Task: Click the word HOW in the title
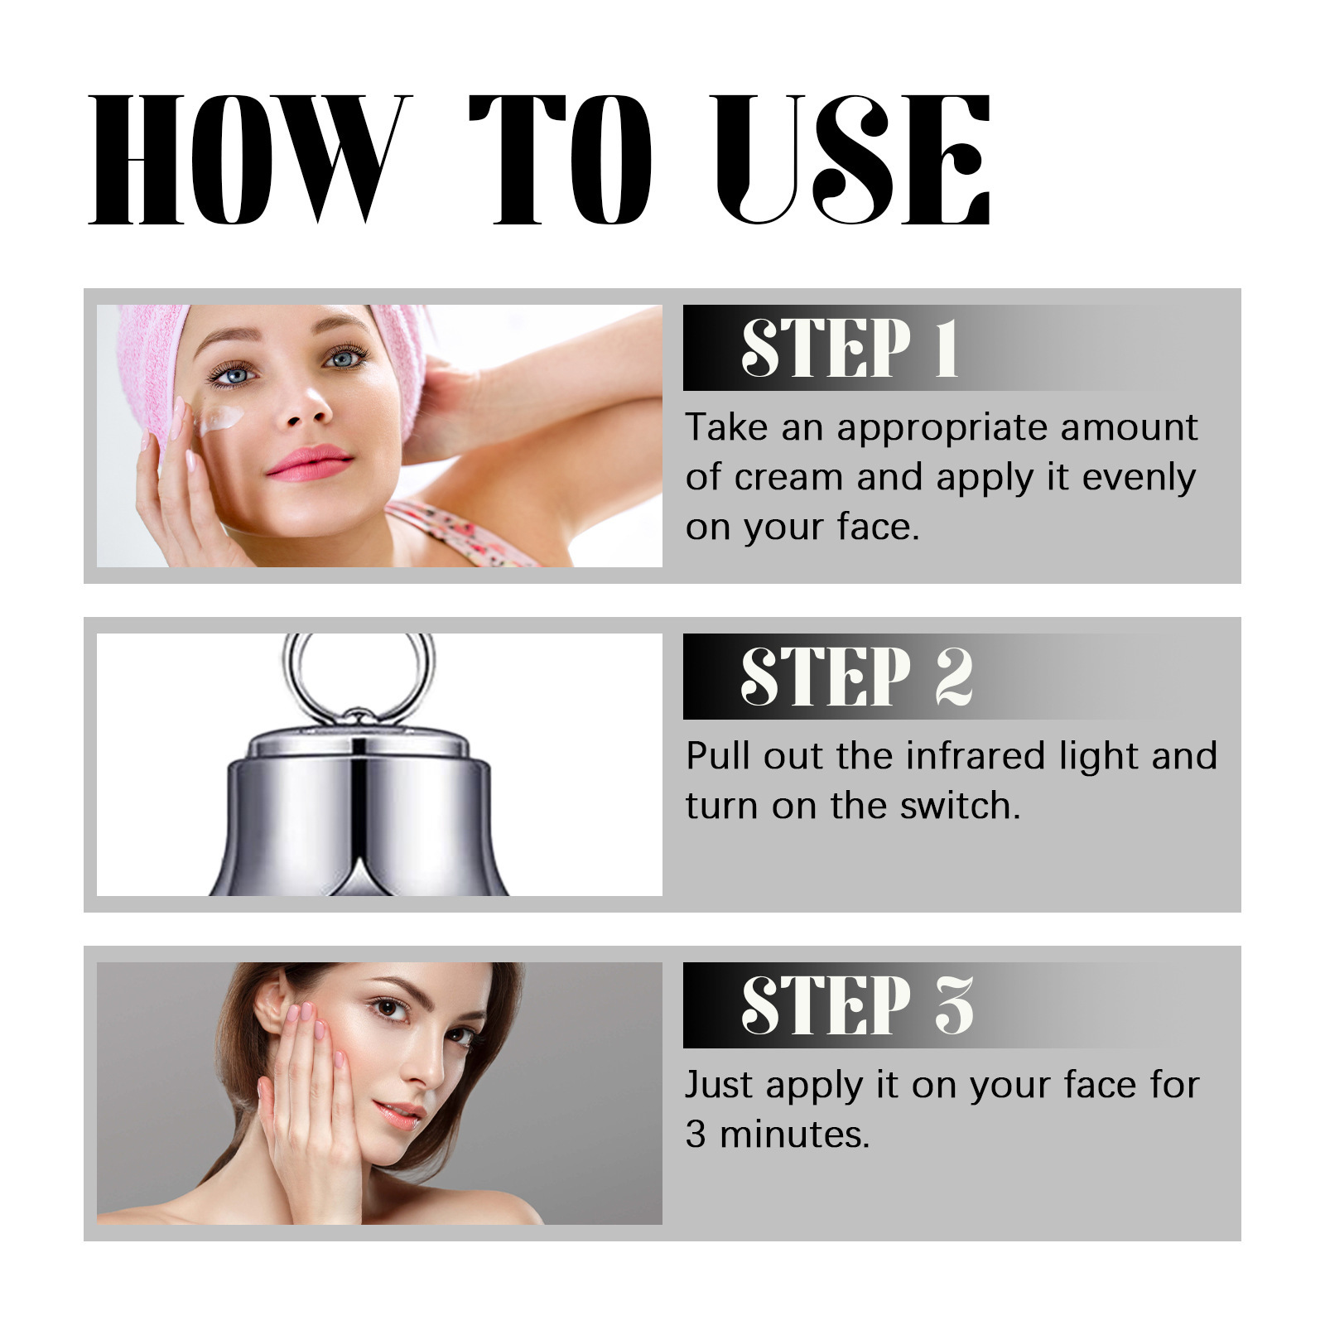(250, 159)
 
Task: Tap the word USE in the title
(851, 159)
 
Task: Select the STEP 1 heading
(850, 348)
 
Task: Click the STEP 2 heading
(857, 677)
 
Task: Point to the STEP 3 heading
(857, 1005)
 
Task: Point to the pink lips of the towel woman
(309, 462)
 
